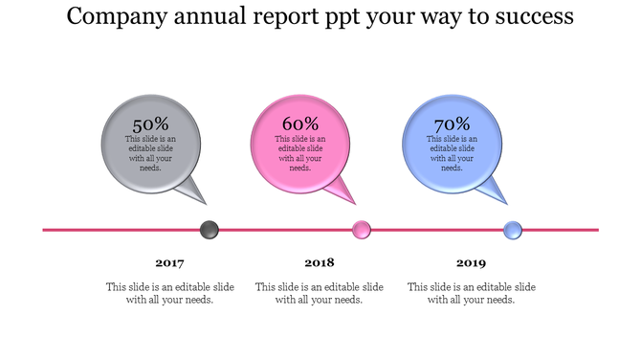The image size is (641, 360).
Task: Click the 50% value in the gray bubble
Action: click(150, 124)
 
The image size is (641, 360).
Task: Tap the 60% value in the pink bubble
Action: click(300, 124)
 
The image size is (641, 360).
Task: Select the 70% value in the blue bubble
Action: click(452, 124)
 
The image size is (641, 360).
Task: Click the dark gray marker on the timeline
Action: click(209, 230)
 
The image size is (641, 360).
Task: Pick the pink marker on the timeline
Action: click(361, 230)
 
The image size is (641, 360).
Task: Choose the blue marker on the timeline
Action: click(513, 230)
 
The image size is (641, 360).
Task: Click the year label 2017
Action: click(169, 262)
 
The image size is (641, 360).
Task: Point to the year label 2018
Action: click(319, 262)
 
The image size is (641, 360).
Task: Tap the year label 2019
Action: click(471, 262)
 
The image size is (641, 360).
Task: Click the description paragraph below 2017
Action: click(169, 293)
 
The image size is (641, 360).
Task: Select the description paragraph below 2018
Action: click(319, 293)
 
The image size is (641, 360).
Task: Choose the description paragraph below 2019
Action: click(471, 293)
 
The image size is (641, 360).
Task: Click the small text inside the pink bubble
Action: click(300, 153)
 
